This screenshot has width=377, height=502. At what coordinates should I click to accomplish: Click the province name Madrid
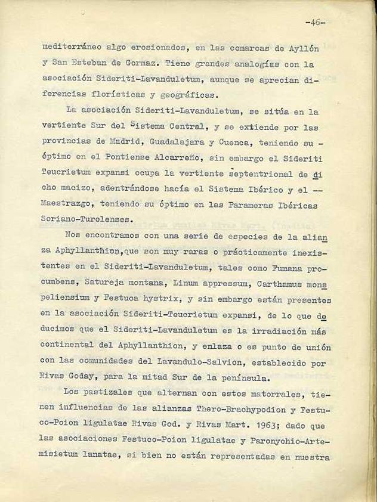coord(125,142)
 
